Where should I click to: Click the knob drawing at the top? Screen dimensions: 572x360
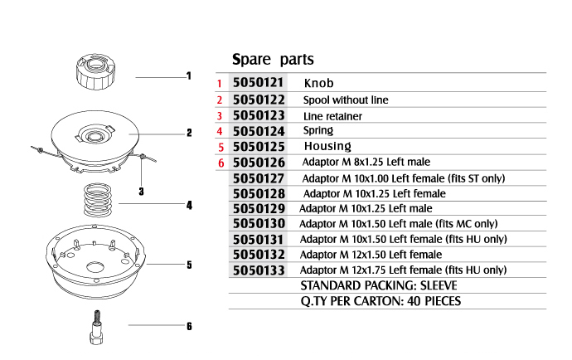(x=95, y=72)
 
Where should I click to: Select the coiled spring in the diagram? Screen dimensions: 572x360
(x=97, y=200)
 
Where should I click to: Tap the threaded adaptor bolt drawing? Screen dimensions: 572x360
(x=96, y=328)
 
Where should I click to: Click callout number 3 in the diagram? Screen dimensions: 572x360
(x=141, y=192)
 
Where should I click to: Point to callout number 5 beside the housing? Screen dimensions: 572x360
(x=189, y=265)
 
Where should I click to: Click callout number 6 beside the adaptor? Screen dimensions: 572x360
(x=189, y=326)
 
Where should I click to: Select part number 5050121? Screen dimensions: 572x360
(x=259, y=82)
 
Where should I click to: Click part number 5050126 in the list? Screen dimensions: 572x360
(x=259, y=163)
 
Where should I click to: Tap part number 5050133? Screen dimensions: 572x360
(x=259, y=270)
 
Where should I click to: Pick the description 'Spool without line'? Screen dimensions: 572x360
(x=346, y=100)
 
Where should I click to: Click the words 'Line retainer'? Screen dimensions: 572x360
(x=332, y=116)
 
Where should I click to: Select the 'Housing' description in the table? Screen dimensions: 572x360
(x=327, y=146)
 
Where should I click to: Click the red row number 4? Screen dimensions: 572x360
(x=219, y=131)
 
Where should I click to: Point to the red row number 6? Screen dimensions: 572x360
(x=221, y=163)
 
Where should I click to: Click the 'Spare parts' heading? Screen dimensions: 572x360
(x=273, y=59)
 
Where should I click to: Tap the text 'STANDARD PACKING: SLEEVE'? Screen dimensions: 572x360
(x=379, y=285)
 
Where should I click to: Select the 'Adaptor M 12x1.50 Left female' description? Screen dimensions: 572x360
(x=371, y=255)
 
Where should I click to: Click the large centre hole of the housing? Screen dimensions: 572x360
(x=95, y=266)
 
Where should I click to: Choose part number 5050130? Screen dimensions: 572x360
(x=259, y=223)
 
